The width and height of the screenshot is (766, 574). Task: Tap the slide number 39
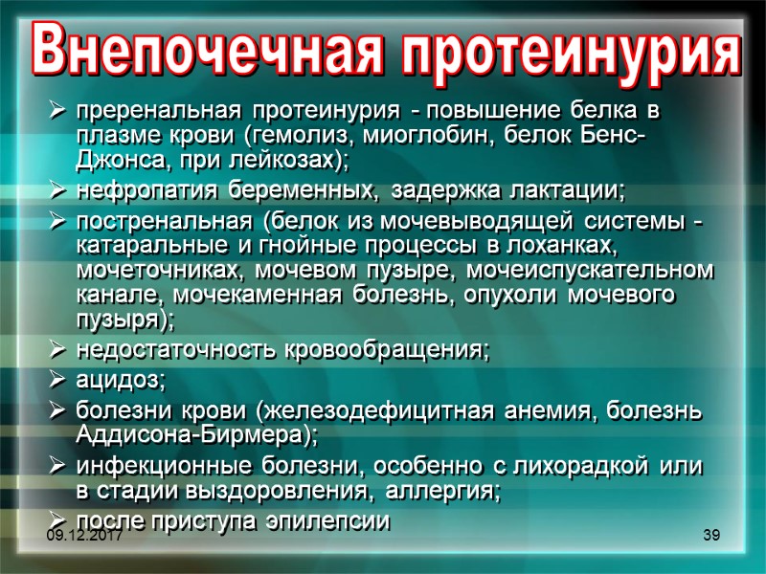point(710,533)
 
